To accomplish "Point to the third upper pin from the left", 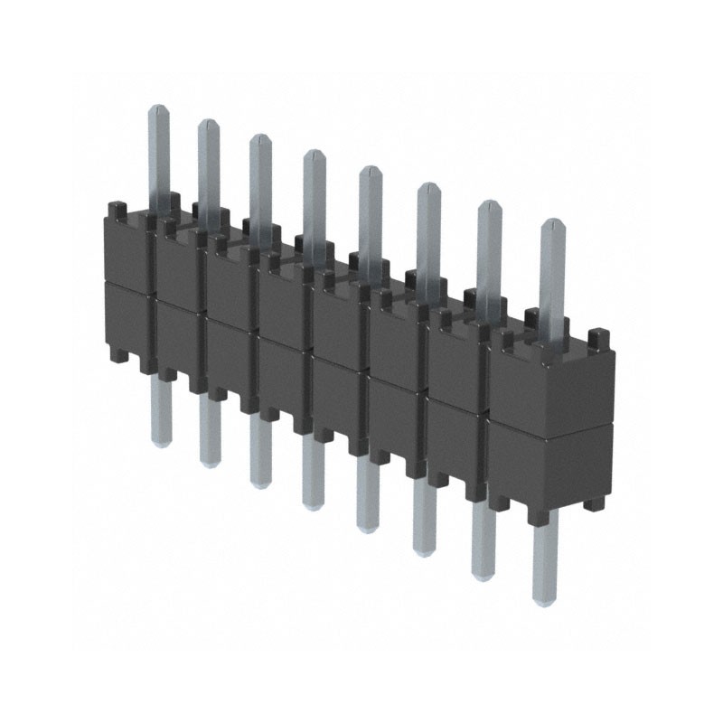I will pos(260,181).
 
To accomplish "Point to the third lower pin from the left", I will pos(259,456).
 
